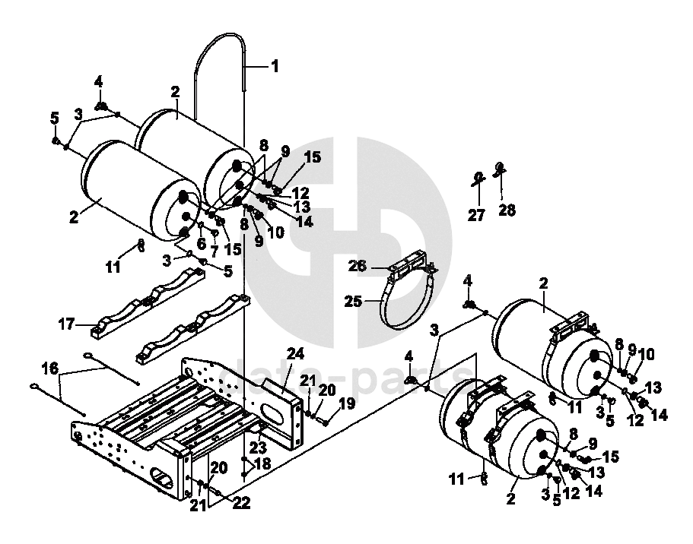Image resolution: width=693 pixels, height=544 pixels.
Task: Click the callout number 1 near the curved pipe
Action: (x=275, y=66)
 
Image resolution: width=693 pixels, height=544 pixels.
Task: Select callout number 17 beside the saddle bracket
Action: (x=67, y=324)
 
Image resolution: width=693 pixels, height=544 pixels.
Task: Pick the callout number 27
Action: (x=476, y=216)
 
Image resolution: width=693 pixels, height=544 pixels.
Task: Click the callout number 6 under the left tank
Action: (x=201, y=243)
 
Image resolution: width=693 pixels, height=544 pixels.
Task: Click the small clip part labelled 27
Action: (x=476, y=179)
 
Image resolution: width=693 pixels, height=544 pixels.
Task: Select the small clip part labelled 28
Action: (x=500, y=169)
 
